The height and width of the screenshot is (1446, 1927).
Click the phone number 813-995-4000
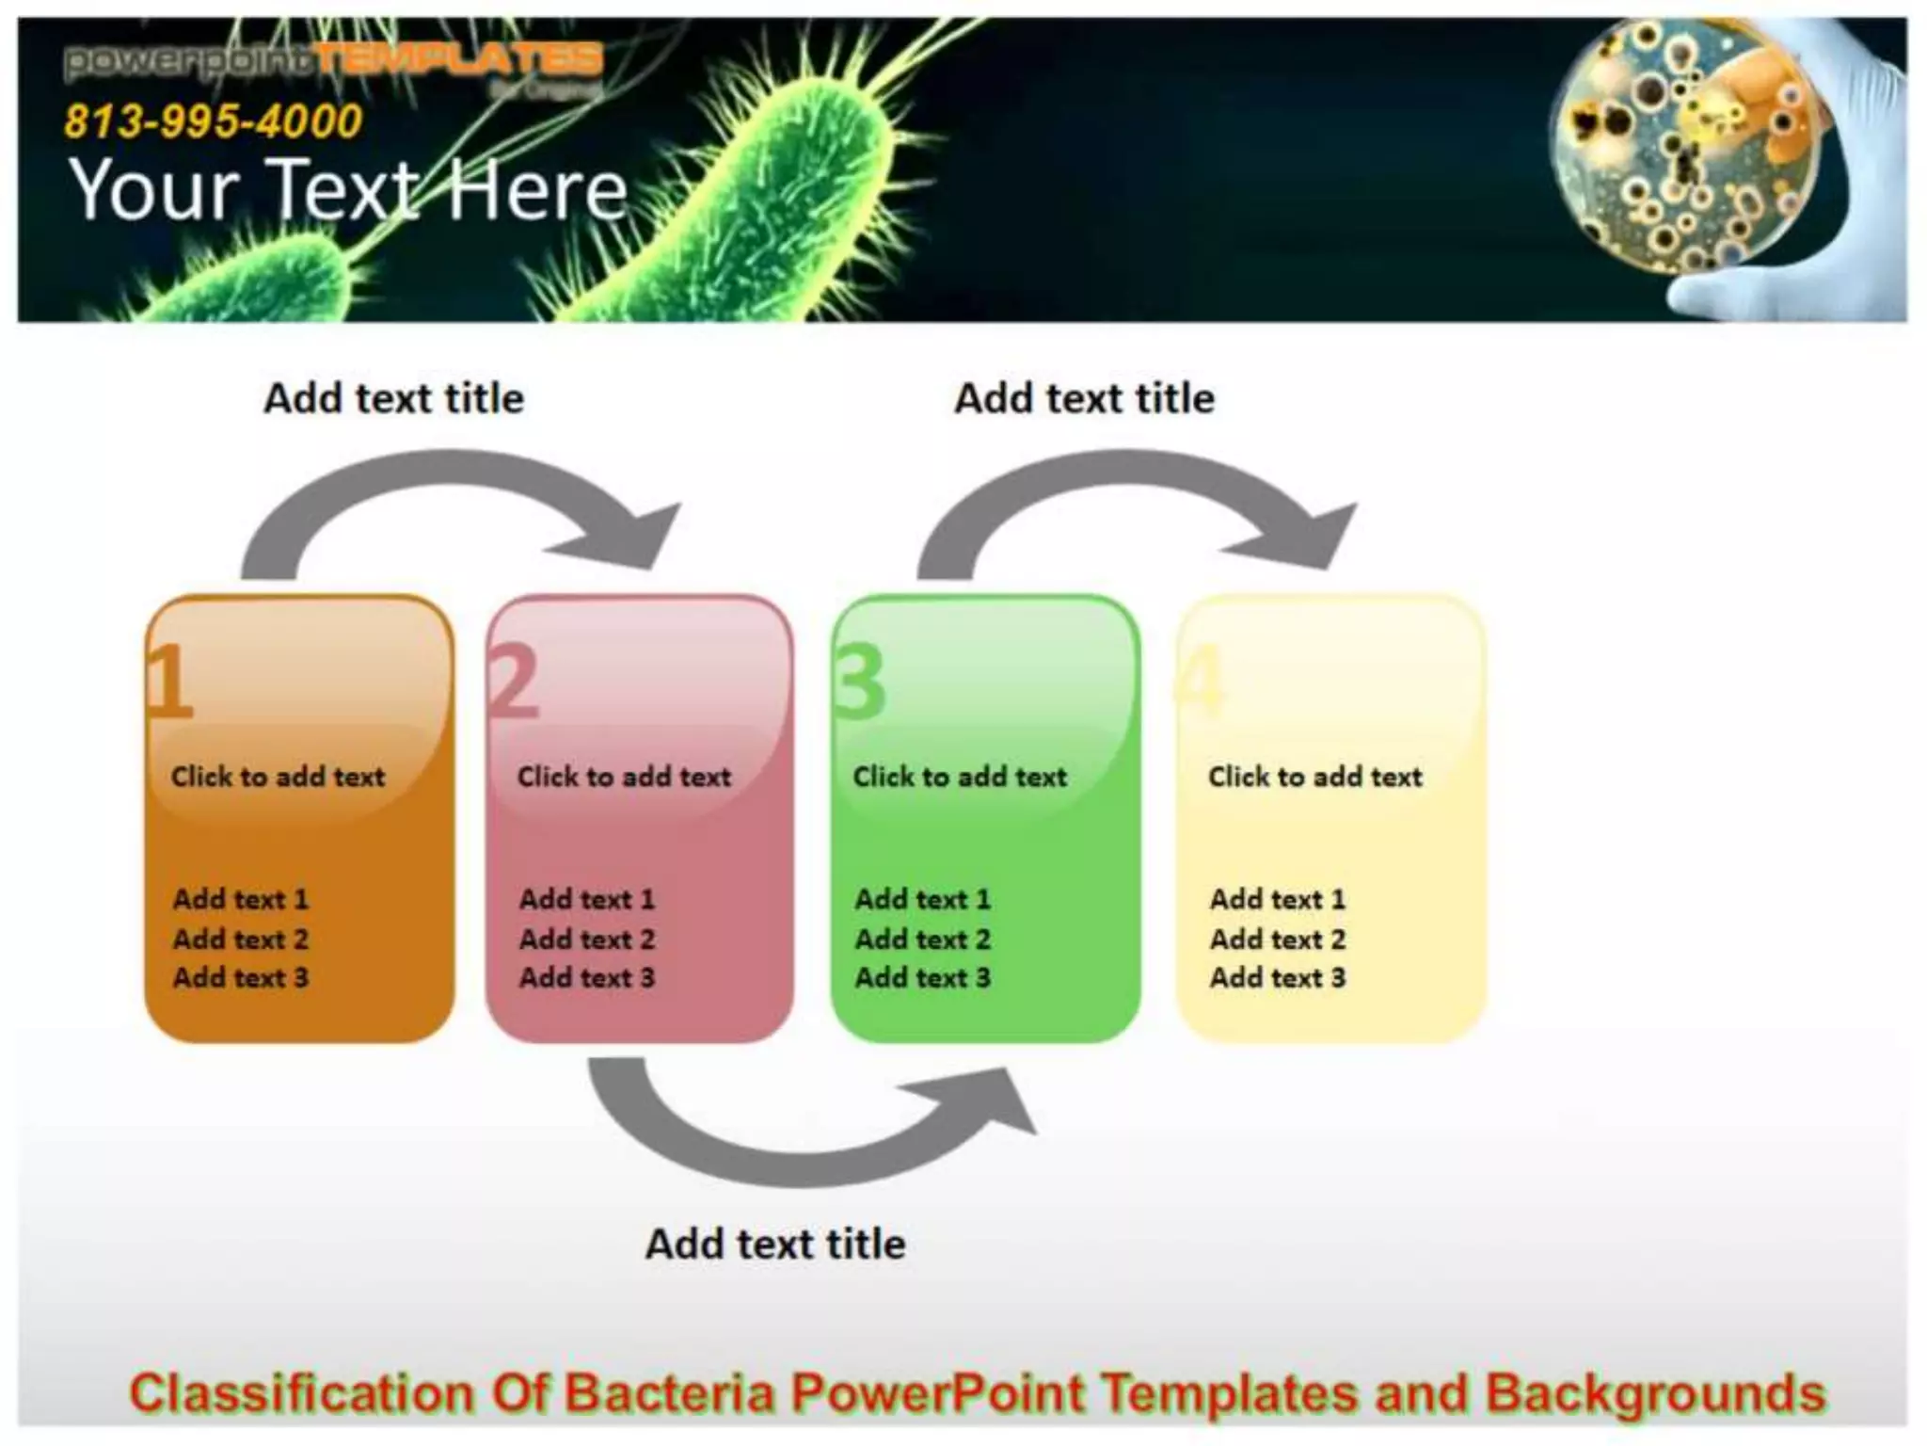tap(213, 121)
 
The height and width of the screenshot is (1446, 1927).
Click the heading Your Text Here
tap(348, 190)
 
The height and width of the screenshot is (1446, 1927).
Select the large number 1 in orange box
tap(169, 682)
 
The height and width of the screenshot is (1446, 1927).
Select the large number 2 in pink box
tap(515, 682)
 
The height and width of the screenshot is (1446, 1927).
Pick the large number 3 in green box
tap(860, 682)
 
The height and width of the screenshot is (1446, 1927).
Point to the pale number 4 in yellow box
tap(1202, 682)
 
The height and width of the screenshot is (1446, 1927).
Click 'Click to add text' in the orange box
tap(278, 777)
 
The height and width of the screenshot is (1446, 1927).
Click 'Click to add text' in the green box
tap(960, 777)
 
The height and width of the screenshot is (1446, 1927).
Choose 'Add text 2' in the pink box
tap(586, 939)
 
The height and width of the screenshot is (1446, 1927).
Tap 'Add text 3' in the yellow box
tap(1277, 978)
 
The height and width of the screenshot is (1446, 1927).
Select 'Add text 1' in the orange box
tap(240, 899)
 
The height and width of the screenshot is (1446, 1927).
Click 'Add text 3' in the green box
tap(922, 978)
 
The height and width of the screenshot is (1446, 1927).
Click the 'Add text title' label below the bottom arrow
tap(775, 1245)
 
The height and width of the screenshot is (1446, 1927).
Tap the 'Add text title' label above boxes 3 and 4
tap(1084, 398)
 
